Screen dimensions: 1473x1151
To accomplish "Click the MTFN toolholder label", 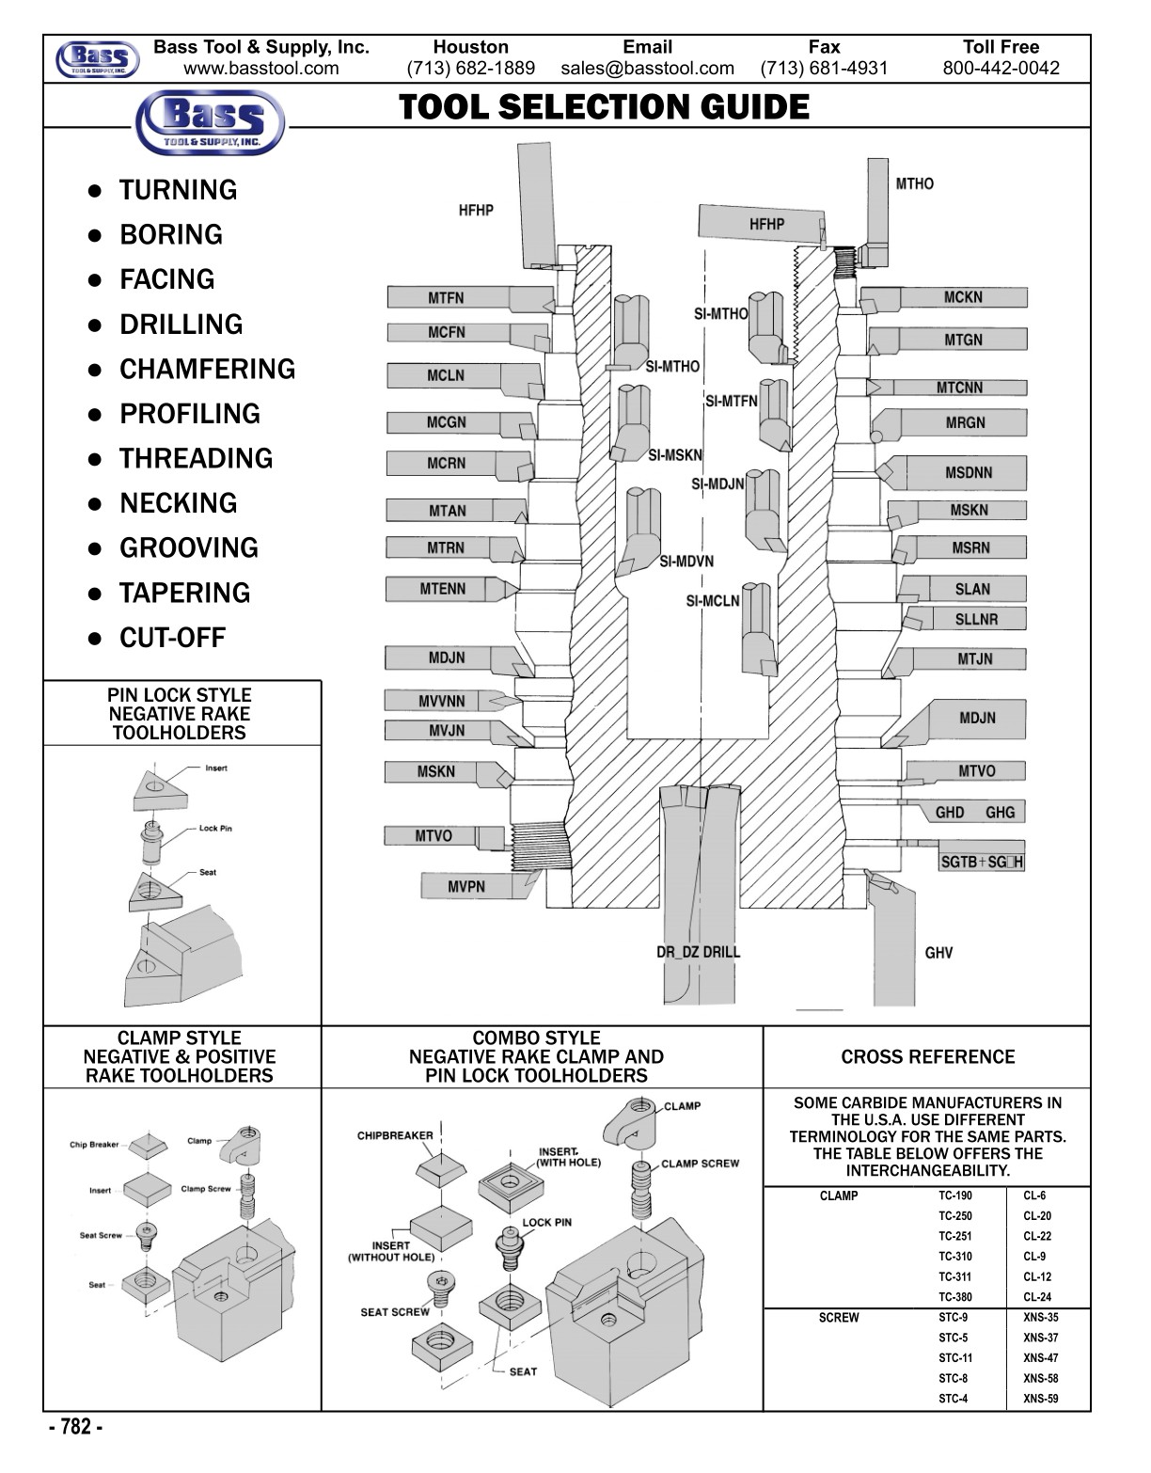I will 446,298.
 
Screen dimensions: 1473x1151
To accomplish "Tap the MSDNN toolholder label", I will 968,472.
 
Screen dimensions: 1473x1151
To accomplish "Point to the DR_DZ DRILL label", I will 698,952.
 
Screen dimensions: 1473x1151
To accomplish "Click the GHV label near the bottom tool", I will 938,953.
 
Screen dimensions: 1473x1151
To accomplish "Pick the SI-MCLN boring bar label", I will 712,601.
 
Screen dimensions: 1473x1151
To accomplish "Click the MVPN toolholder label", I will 465,886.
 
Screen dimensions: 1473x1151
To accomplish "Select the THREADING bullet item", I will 196,458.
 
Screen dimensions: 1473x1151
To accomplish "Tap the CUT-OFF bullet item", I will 172,638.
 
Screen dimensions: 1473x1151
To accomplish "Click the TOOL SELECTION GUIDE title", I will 604,107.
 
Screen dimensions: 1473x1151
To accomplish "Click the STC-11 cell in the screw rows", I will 954,1358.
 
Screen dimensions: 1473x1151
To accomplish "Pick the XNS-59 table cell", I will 1040,1399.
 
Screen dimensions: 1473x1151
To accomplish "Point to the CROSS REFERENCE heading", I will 927,1057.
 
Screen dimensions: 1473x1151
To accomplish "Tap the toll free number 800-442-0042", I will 1001,68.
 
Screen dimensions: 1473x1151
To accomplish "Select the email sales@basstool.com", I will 647,68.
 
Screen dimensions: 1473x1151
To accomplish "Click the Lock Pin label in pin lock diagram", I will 215,829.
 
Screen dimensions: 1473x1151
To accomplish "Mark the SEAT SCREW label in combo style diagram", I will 395,1312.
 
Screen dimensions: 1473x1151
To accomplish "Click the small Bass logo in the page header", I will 98,59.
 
